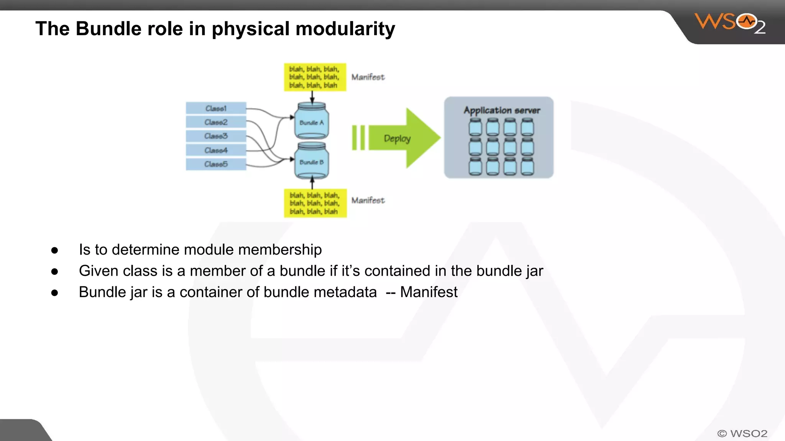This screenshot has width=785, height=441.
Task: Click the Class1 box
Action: coord(216,108)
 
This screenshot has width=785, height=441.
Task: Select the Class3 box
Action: coord(216,136)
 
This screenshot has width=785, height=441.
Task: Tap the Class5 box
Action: coord(216,164)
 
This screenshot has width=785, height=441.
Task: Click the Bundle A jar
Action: coord(311,121)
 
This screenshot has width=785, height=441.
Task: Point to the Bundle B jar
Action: coord(311,161)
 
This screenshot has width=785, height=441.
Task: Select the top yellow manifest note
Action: coord(315,77)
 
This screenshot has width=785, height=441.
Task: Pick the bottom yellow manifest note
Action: coord(315,203)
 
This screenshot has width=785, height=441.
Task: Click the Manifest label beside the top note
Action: coord(368,77)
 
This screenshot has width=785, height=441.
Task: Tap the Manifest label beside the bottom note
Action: coord(368,200)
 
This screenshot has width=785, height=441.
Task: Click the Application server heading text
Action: coord(502,110)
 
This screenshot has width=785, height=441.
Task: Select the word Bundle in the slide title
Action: coord(108,29)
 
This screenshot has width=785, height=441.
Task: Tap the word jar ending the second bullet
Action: coord(534,271)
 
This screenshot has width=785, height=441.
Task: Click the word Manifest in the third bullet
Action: coord(429,292)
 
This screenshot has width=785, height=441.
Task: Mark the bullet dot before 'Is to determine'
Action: coord(54,250)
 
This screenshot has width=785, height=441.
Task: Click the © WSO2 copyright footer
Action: coord(742,433)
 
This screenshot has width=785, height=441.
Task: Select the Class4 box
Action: coord(216,150)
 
